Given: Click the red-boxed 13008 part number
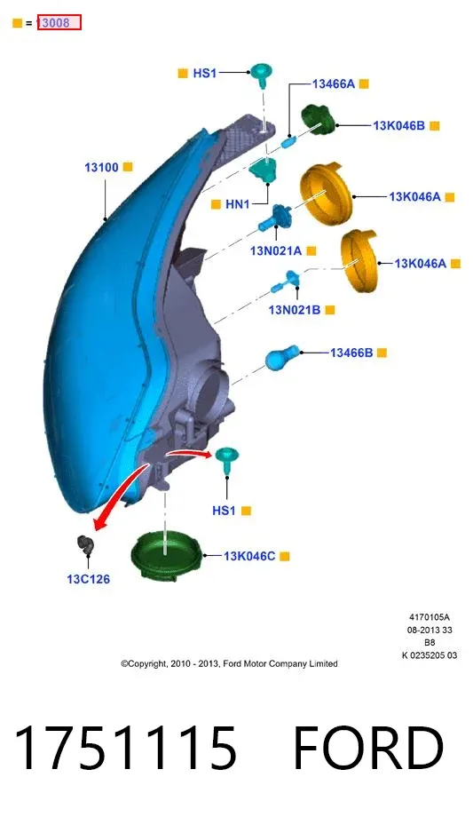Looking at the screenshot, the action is click(x=59, y=22).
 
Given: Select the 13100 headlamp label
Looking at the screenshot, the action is click(x=101, y=167).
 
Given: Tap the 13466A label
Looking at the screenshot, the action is click(x=334, y=83).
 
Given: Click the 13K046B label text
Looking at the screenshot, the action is click(x=399, y=125).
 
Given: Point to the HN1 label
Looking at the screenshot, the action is click(x=238, y=204).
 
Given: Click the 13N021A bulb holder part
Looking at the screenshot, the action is click(x=276, y=218).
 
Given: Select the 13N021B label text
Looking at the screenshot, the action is click(x=295, y=310).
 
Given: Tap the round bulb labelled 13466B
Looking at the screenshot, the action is click(x=282, y=357).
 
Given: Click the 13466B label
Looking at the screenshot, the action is click(x=351, y=353).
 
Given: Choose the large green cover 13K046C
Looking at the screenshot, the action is click(x=166, y=555).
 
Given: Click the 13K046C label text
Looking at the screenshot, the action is click(x=249, y=556).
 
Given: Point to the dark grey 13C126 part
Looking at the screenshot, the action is click(x=85, y=545).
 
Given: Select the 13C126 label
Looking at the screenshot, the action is click(x=89, y=579).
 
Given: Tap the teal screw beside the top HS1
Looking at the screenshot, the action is click(x=262, y=75).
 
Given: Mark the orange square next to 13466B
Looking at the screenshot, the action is click(x=382, y=353).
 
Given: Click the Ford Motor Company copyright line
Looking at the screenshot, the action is click(x=229, y=663).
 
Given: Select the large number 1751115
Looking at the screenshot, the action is click(x=125, y=748).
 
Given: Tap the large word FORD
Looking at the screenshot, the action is click(x=368, y=748).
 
